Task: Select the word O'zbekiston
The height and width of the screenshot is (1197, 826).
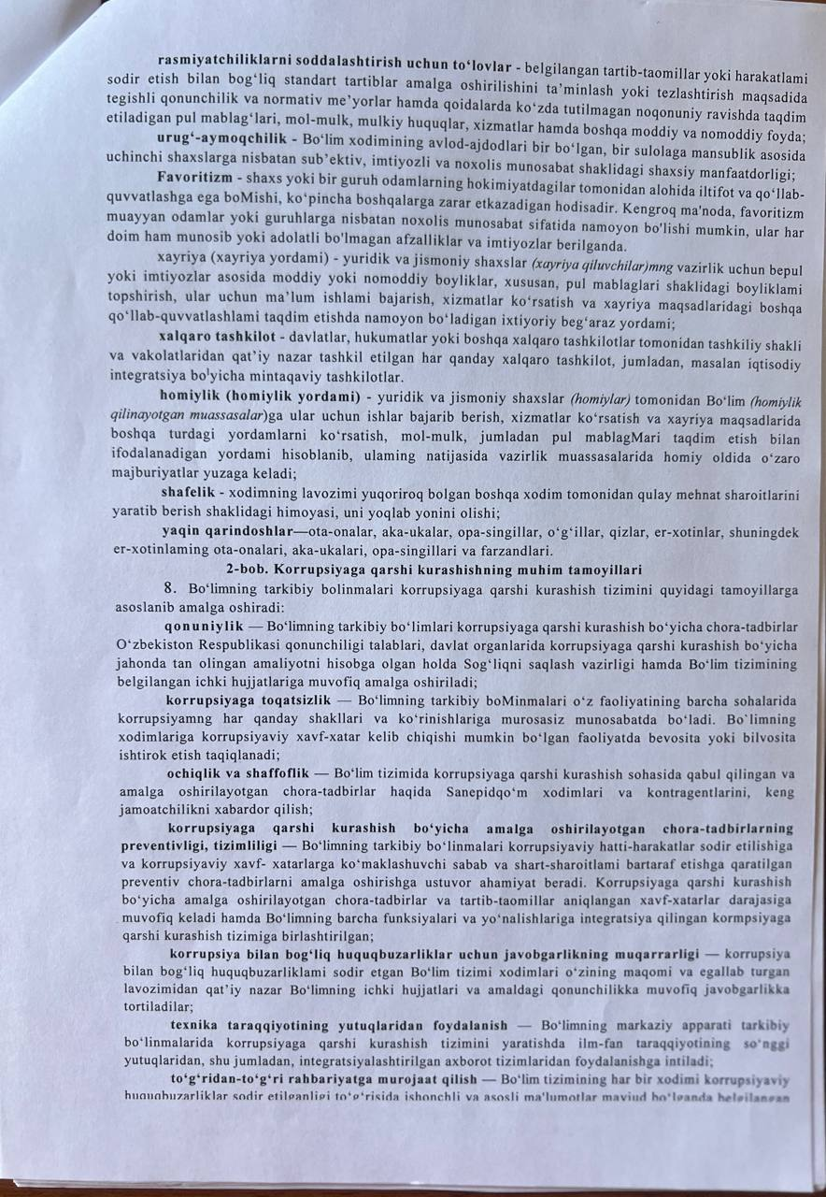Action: (x=153, y=645)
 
